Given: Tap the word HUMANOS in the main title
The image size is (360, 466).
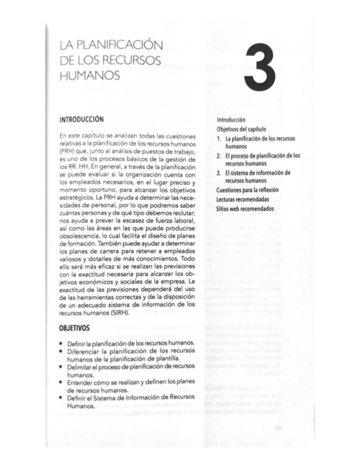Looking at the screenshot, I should coord(89,77).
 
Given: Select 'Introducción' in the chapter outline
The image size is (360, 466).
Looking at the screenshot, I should coord(231,119).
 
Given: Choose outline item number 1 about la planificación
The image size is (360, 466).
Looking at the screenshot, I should coord(259,142).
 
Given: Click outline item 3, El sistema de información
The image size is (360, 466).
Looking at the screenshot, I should coord(258,176).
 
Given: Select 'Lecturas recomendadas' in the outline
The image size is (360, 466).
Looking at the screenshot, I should coord(243,199).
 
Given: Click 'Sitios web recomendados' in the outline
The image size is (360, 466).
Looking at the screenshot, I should coord(245,208).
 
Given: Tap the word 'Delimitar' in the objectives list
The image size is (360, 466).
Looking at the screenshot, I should coord(81,366).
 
